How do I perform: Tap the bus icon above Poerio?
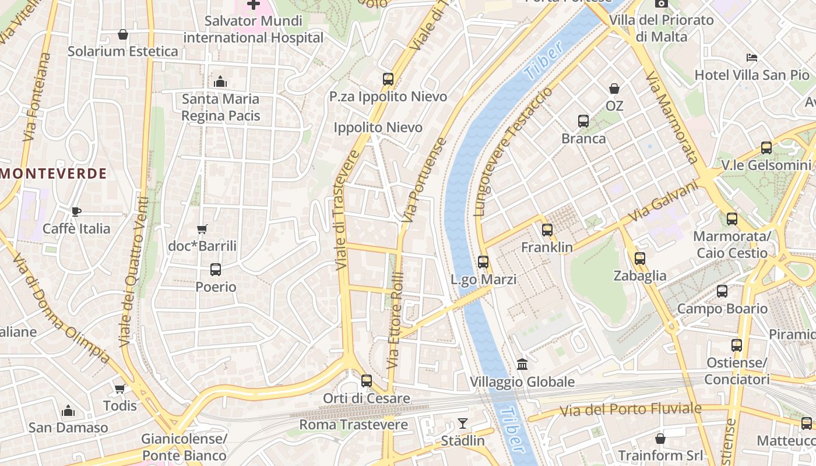pos(216,270)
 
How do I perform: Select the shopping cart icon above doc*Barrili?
pos(202,230)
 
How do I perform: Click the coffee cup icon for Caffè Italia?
pos(76,211)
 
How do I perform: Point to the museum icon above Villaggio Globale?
pos(522,365)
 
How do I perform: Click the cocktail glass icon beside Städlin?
pos(463,423)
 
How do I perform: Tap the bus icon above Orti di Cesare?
pos(367,381)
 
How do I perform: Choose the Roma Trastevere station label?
pos(354,425)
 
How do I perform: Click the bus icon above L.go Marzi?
pos(483,262)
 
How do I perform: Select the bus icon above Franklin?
pos(547,230)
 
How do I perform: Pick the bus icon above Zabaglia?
pos(640,258)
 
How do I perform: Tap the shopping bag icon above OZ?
pos(614,89)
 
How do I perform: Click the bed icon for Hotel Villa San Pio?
pos(752,58)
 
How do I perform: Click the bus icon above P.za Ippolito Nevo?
pos(388,79)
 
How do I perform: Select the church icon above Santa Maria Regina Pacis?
pos(220,82)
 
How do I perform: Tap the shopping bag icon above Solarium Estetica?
pos(122,34)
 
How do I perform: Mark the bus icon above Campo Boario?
pos(722,291)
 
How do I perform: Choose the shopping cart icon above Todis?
pos(120,389)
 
